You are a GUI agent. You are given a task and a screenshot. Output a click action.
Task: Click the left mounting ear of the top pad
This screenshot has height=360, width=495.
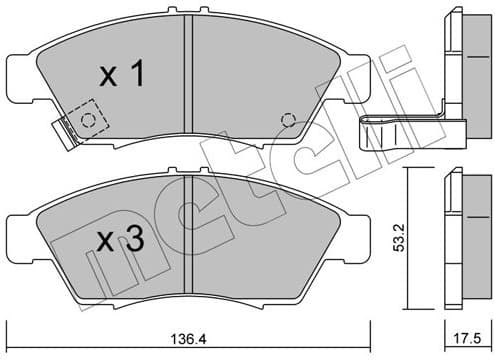tap(18, 75)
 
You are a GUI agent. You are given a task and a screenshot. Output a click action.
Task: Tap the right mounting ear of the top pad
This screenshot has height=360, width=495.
tap(361, 75)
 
